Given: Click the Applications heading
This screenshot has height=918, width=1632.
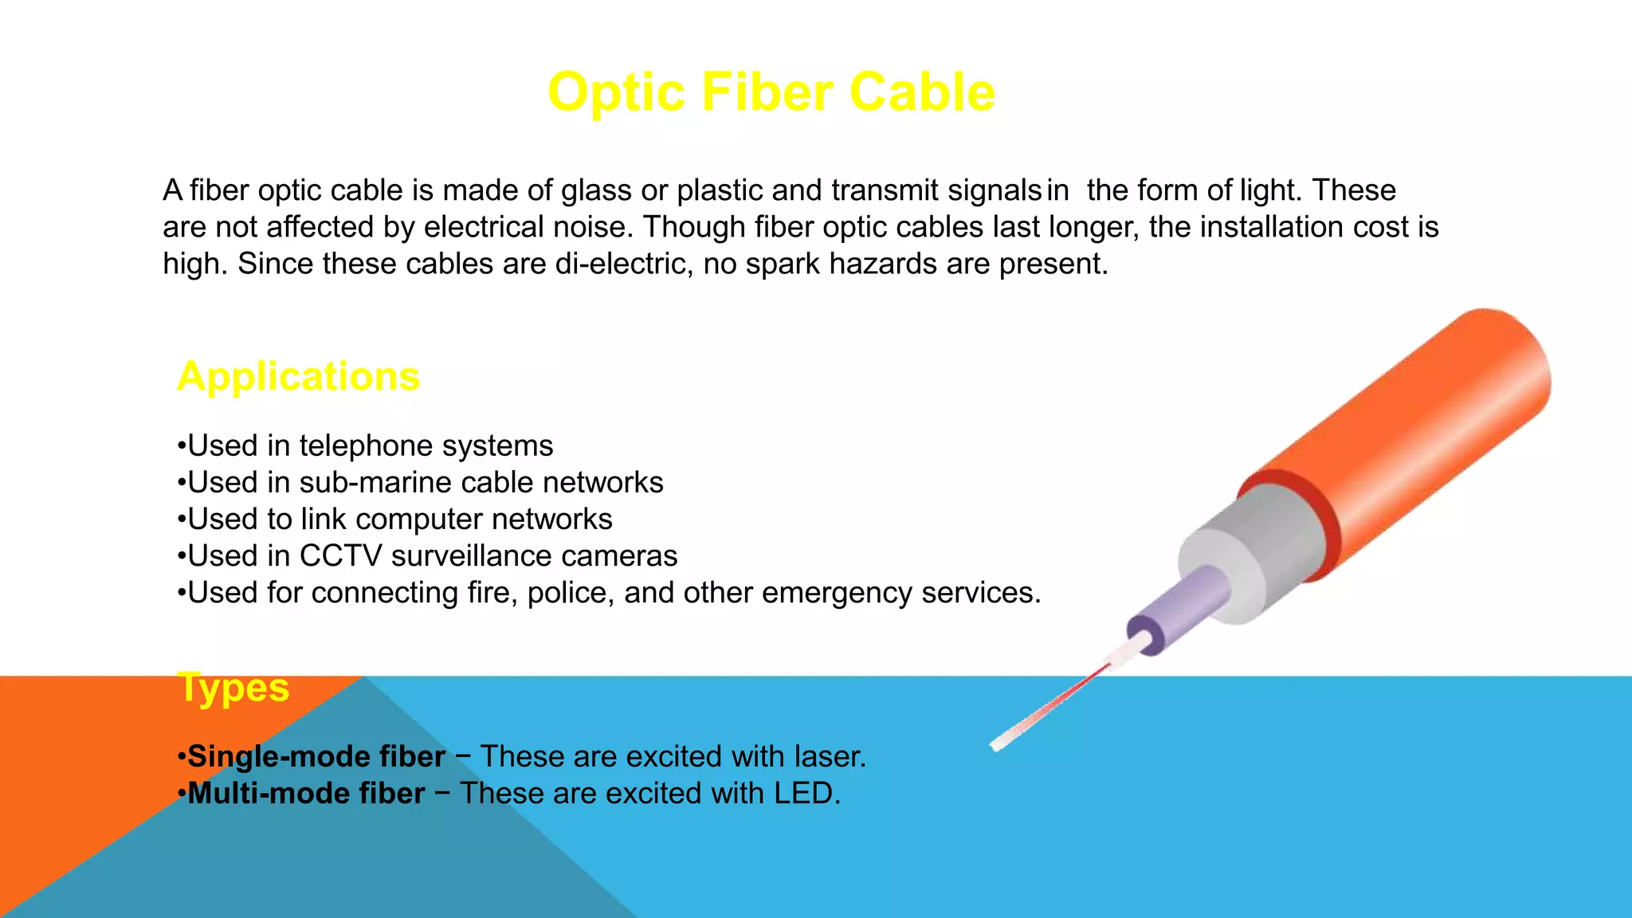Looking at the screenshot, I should tap(298, 376).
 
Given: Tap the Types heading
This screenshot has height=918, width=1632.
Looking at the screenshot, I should tap(233, 687).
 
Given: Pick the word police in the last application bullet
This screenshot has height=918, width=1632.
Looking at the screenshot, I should tap(571, 593).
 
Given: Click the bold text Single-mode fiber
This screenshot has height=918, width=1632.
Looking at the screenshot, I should tap(316, 756).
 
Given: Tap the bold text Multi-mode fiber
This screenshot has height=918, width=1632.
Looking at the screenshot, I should tap(306, 794).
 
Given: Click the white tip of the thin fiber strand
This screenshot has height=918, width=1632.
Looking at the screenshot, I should tap(1001, 743).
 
